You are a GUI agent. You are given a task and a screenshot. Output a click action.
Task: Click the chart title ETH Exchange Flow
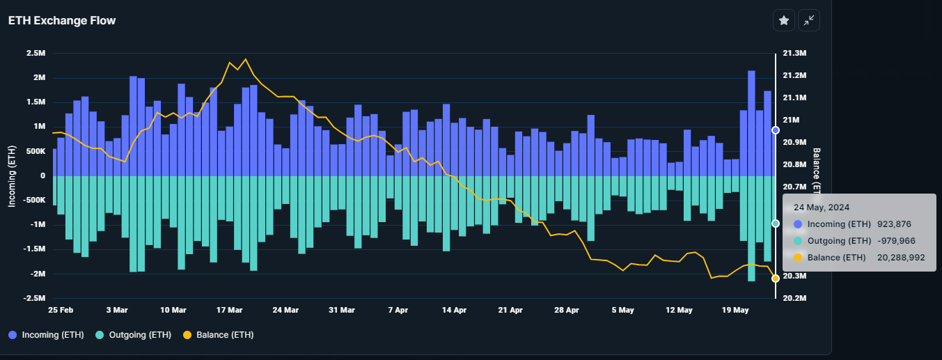[62, 21]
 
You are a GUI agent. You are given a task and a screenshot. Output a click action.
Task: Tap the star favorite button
[783, 21]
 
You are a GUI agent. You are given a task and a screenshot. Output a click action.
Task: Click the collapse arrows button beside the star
[808, 21]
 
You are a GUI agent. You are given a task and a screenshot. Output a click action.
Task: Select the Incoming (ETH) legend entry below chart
[47, 335]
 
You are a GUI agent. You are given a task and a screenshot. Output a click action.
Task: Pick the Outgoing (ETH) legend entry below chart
[133, 335]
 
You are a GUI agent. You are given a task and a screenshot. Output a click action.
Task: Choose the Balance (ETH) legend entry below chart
[218, 335]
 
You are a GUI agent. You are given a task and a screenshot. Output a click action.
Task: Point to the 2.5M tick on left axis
[36, 54]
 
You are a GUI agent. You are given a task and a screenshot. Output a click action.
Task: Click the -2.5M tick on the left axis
[34, 298]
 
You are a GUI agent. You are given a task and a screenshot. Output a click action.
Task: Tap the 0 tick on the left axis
[42, 175]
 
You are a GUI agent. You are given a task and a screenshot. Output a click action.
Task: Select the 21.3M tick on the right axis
[794, 54]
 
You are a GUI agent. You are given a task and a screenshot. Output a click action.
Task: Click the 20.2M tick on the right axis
[794, 298]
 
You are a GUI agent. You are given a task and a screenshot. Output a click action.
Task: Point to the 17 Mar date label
[229, 310]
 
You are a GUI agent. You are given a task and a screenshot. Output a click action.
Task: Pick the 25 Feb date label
[61, 310]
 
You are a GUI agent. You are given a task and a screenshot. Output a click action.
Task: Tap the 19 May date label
[735, 310]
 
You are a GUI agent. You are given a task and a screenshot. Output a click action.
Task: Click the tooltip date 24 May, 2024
[822, 207]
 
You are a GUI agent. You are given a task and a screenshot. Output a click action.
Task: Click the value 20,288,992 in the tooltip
[901, 257]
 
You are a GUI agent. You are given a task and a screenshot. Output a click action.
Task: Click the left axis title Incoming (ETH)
[12, 175]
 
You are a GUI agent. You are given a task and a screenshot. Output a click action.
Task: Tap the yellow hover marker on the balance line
[775, 279]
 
